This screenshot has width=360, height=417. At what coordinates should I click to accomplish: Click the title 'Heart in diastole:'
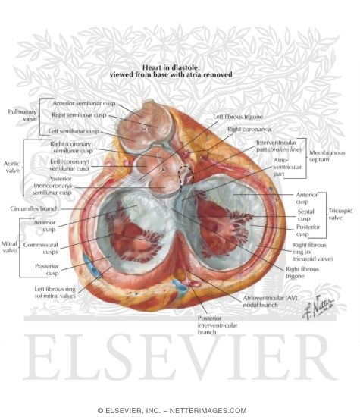click(171, 67)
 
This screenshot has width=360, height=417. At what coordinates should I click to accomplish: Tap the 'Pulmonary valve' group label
click(22, 115)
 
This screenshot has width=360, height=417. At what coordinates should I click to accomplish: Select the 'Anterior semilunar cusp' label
click(84, 103)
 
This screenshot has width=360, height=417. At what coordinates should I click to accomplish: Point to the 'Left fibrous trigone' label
click(238, 117)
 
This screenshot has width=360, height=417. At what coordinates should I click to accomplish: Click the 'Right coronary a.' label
click(249, 129)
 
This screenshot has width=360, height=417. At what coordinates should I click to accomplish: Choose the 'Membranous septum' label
click(327, 156)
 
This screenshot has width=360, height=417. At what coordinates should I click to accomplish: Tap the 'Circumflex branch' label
click(34, 208)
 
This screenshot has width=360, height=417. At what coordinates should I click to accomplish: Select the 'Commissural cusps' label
click(40, 248)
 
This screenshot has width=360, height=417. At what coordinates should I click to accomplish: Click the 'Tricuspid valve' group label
click(340, 214)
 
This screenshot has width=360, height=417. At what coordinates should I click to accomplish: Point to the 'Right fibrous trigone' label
click(302, 273)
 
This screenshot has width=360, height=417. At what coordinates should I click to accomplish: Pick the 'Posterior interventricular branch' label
click(218, 325)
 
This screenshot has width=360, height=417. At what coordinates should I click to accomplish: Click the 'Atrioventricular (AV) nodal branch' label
click(270, 302)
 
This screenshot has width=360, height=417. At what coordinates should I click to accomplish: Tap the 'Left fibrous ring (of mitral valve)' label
click(55, 292)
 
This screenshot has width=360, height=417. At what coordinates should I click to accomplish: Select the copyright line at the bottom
click(172, 410)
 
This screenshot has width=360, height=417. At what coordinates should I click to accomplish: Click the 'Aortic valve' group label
click(11, 167)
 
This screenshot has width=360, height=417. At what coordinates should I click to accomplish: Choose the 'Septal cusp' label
click(305, 215)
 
